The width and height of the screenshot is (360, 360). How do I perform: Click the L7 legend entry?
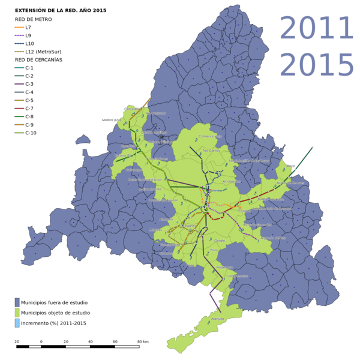click(28, 28)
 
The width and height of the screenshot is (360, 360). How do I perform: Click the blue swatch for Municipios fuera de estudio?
click(17, 302)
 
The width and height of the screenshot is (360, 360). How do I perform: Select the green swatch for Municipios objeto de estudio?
click(17, 313)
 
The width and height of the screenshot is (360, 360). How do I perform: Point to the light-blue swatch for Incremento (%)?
click(17, 323)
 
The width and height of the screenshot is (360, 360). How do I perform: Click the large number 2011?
click(317, 28)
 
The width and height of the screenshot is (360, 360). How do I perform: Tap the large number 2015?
click(317, 65)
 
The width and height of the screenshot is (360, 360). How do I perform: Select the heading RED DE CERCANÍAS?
click(38, 60)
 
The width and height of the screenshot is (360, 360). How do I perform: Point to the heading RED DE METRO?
click(33, 19)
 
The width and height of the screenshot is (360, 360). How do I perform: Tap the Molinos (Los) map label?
click(111, 120)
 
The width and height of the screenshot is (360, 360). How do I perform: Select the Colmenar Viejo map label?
click(210, 136)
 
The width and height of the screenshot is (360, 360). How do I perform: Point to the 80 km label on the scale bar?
click(143, 341)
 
